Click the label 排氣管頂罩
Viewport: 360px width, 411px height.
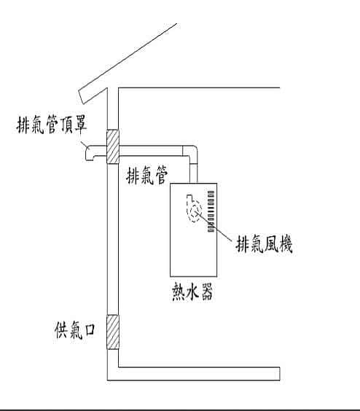tap(52, 124)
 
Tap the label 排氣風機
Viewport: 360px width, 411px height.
tap(264, 244)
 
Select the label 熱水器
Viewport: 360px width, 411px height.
tap(192, 291)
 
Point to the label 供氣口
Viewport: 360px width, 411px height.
tap(75, 329)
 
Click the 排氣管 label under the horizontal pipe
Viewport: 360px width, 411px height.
tap(147, 175)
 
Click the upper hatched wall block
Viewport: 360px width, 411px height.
tap(113, 146)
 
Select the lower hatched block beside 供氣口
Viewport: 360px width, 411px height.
tap(113, 332)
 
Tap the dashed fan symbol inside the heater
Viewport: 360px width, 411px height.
tap(194, 209)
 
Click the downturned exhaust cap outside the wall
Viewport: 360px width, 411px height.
tap(93, 152)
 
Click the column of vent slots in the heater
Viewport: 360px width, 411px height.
tap(211, 211)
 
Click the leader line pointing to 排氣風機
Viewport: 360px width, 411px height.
tap(214, 226)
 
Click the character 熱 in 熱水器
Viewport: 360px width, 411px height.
tap(179, 291)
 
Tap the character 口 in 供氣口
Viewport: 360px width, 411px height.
tap(90, 329)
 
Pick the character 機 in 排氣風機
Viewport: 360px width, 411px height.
tap(285, 244)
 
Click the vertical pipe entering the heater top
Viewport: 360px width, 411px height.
tap(193, 173)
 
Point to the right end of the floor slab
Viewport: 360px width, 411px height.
tap(280, 374)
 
